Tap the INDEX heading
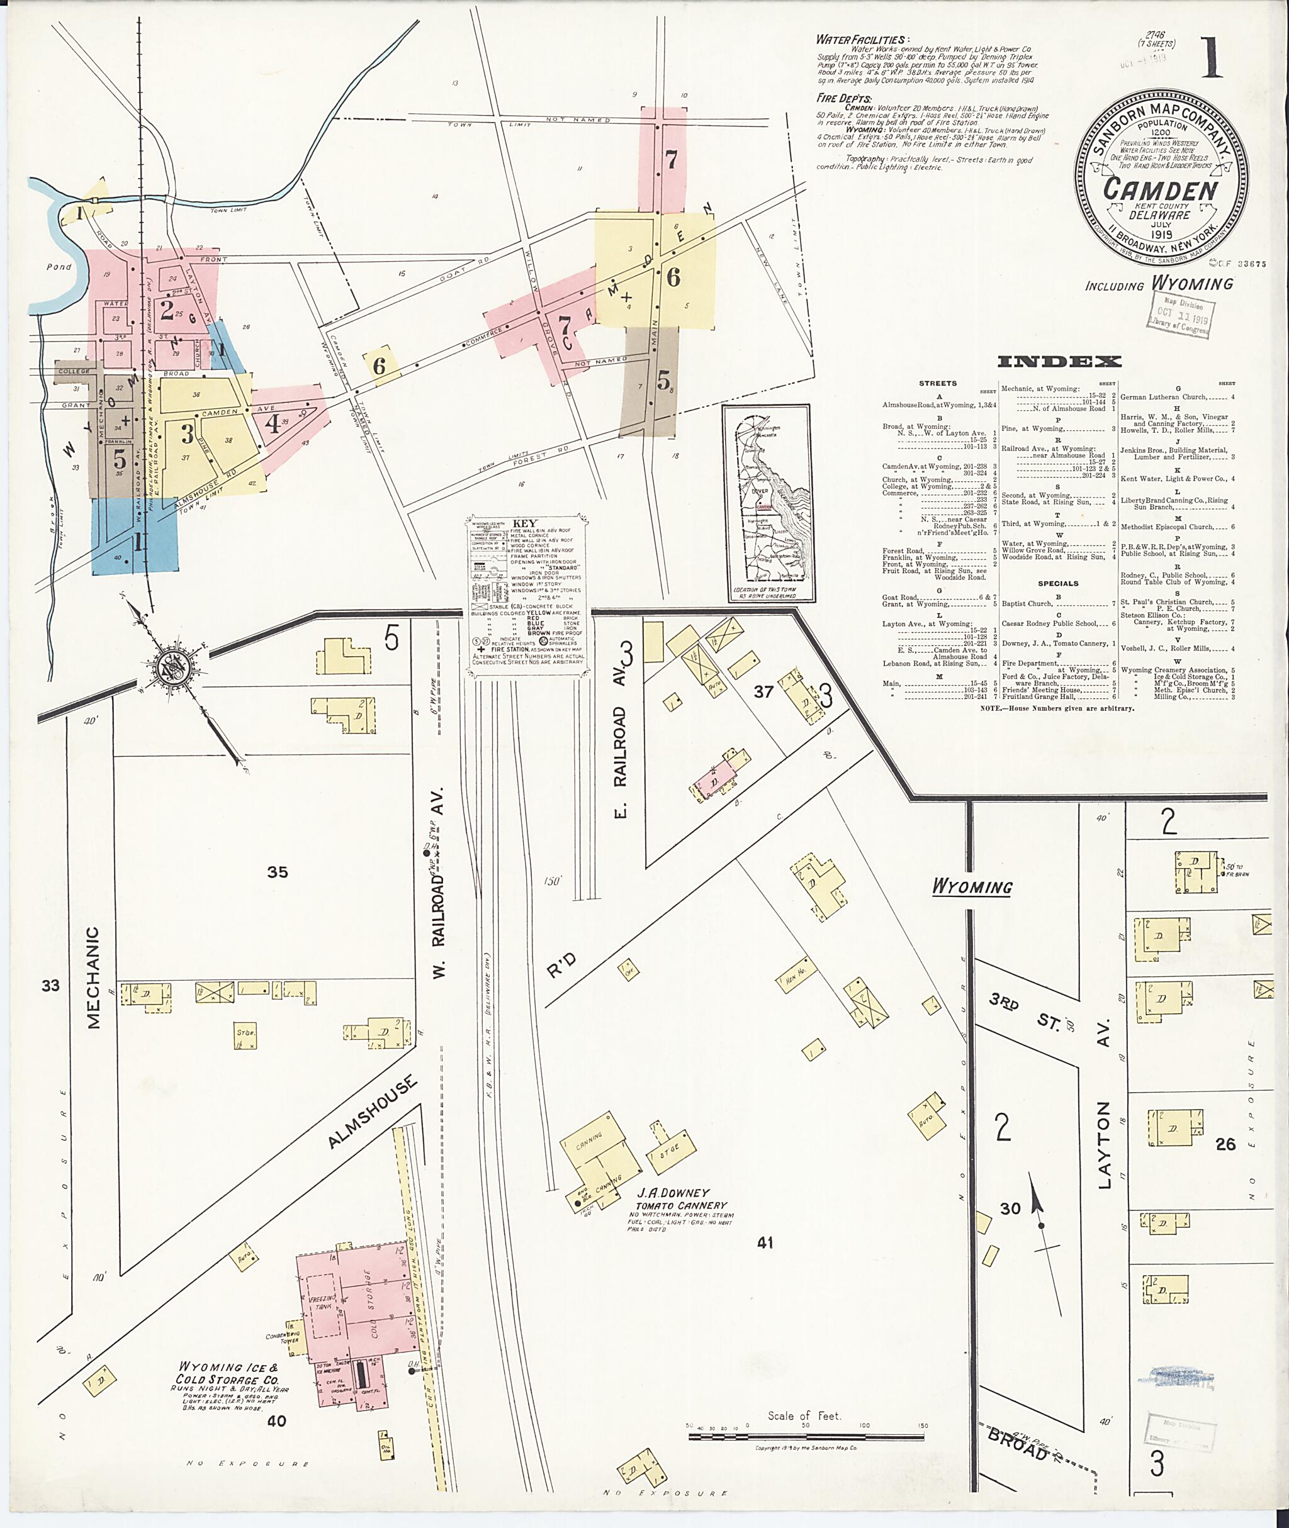(x=1059, y=362)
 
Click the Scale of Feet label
(x=804, y=1415)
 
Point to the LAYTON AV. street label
(x=1104, y=1103)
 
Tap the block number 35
(x=278, y=871)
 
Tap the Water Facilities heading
(x=862, y=40)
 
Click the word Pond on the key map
(x=59, y=267)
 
